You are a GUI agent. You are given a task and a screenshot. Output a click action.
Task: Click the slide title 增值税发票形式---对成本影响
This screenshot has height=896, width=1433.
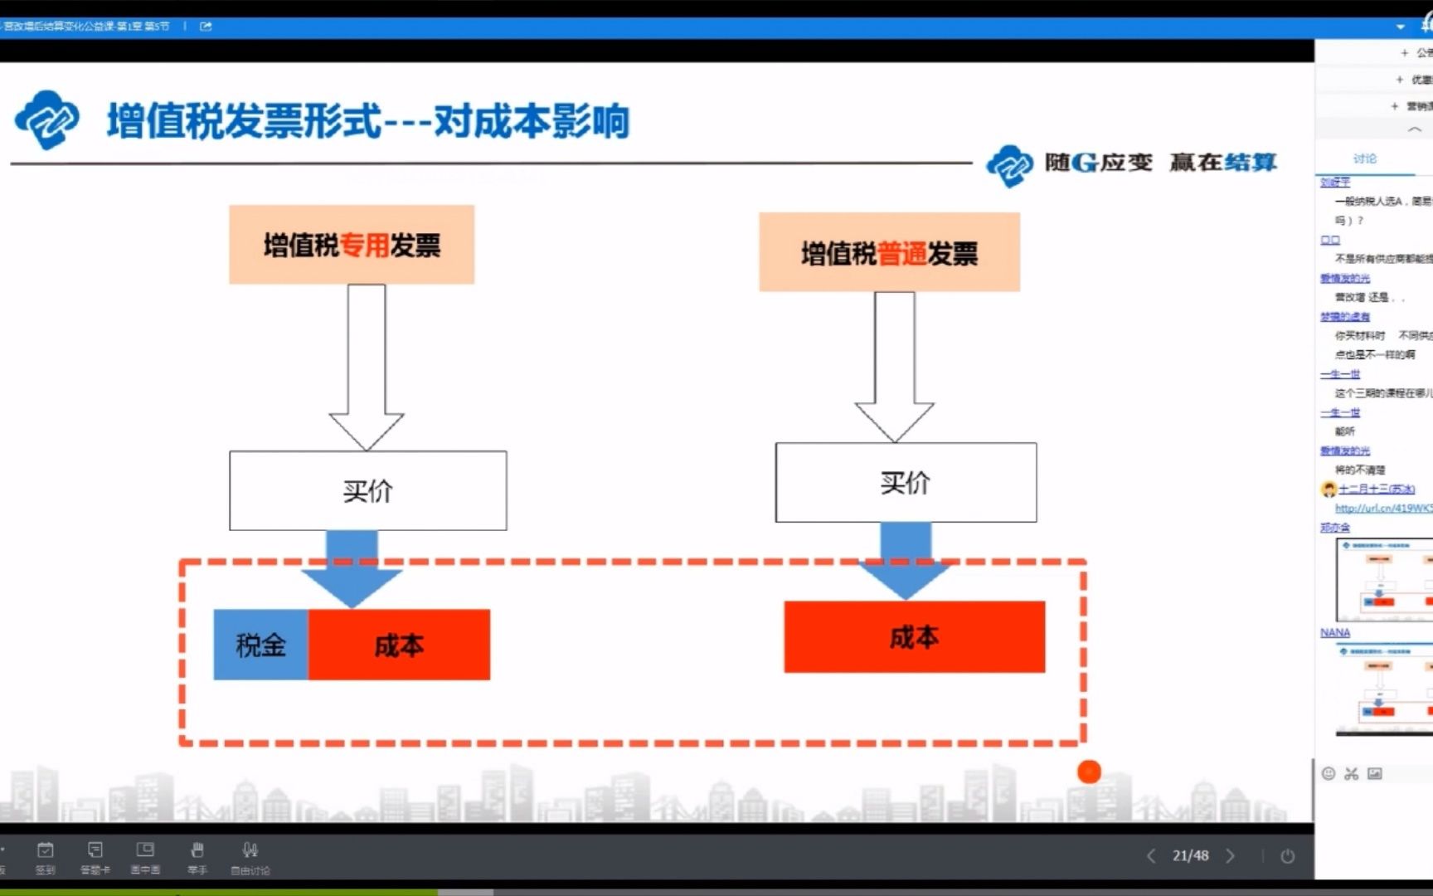[x=367, y=122]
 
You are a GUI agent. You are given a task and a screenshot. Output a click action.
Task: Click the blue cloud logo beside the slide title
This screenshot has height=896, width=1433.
[x=46, y=119]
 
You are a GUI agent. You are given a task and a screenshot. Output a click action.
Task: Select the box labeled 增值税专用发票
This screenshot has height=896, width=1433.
[x=352, y=245]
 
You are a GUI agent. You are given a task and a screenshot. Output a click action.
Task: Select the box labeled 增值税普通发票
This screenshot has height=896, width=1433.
[x=889, y=252]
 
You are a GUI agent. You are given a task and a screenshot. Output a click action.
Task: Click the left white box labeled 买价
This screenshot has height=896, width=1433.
[x=367, y=490]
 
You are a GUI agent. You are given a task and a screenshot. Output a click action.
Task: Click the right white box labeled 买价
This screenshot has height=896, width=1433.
[x=906, y=482]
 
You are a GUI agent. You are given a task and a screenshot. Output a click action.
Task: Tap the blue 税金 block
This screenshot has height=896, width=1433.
[x=260, y=645]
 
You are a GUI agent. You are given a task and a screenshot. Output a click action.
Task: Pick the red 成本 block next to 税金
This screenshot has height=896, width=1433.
[x=399, y=645]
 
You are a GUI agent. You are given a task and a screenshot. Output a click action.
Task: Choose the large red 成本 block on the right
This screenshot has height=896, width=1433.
[x=914, y=636]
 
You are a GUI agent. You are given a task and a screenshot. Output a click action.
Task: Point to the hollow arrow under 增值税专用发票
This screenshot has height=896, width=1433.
[x=367, y=365]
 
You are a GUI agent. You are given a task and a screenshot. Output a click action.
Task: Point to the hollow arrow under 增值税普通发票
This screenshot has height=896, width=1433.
[x=894, y=365]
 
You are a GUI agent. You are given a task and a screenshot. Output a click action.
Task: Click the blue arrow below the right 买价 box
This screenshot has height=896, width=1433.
[x=905, y=561]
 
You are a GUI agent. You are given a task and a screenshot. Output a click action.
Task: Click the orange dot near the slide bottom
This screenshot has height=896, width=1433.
[x=1088, y=772]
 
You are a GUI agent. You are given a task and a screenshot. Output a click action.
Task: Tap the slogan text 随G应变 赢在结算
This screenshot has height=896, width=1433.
[x=1160, y=162]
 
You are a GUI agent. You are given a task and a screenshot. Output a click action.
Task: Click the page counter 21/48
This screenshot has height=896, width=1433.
[x=1190, y=855]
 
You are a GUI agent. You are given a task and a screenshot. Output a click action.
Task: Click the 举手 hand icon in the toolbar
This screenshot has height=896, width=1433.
[x=197, y=850]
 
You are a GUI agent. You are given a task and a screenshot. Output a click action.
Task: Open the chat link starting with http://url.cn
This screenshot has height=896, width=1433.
[x=1382, y=508]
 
